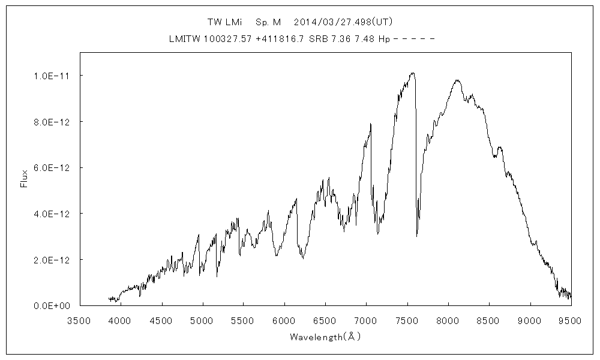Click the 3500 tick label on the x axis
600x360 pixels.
click(x=79, y=320)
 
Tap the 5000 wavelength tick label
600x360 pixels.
click(x=202, y=320)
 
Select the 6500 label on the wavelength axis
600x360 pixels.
click(x=325, y=320)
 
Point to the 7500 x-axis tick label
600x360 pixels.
click(x=407, y=320)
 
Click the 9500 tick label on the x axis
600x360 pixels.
click(x=570, y=320)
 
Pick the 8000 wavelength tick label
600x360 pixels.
click(x=448, y=320)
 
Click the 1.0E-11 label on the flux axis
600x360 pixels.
click(x=52, y=76)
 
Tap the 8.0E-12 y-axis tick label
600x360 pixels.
click(x=52, y=122)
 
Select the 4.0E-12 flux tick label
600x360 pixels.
click(x=52, y=214)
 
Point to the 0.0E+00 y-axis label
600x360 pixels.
click(x=52, y=305)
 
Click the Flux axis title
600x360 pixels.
click(x=25, y=179)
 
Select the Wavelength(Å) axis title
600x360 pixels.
click(x=325, y=337)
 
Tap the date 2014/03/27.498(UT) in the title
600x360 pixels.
click(x=343, y=22)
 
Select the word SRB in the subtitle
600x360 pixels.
click(x=318, y=39)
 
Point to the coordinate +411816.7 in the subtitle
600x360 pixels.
click(x=280, y=39)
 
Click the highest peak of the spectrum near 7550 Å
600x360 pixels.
click(x=412, y=73)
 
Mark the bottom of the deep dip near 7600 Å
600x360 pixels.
click(x=416, y=236)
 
